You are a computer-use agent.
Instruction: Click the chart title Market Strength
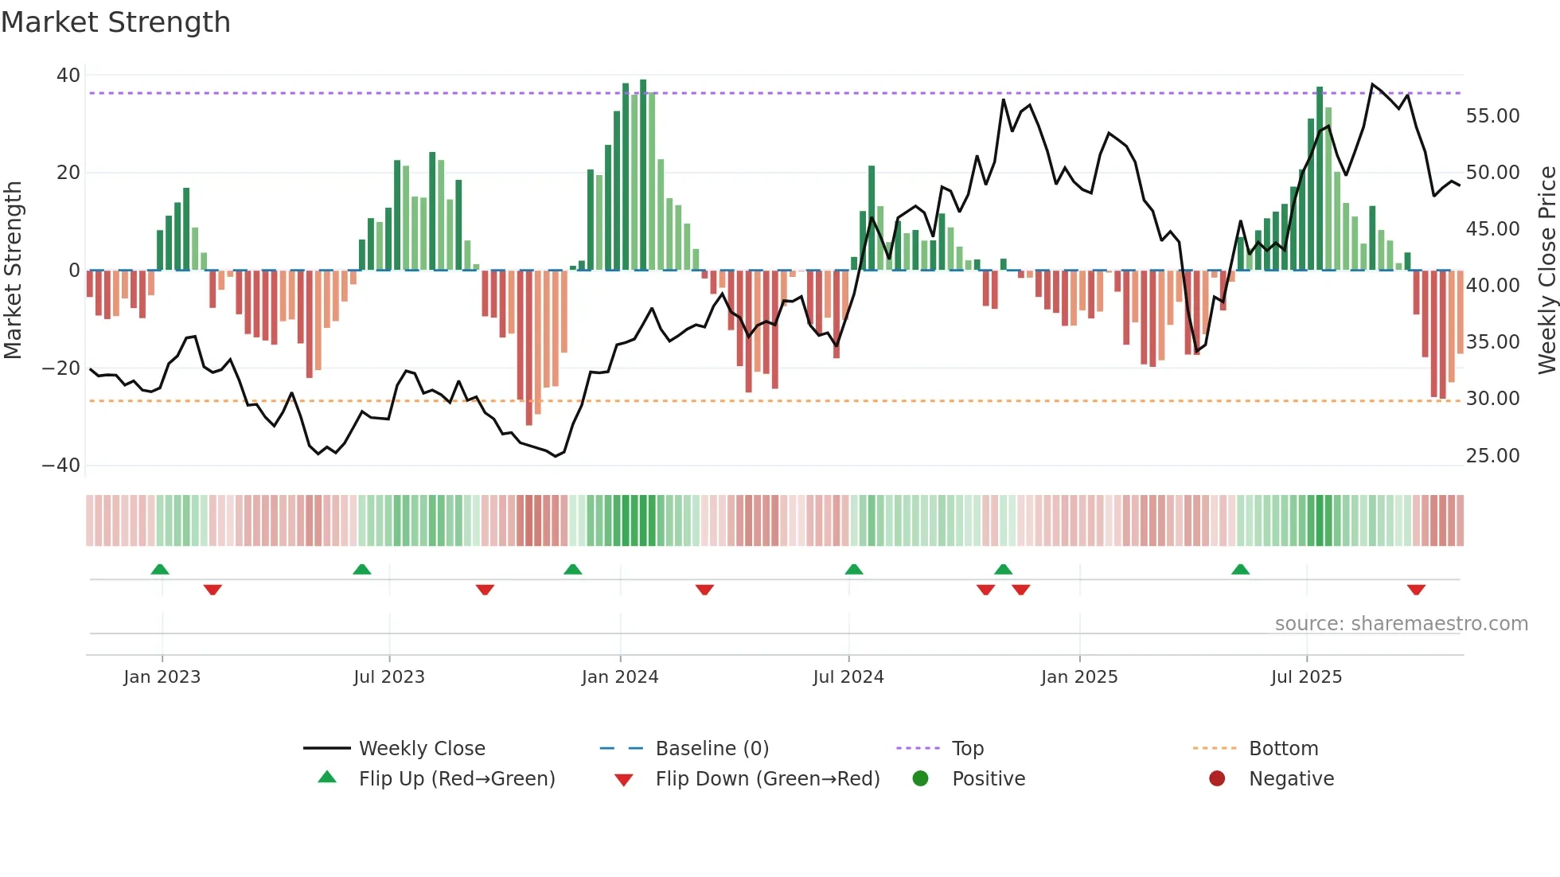(x=115, y=22)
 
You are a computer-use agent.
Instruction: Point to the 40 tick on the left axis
(x=68, y=76)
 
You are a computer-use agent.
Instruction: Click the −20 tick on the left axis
(x=61, y=368)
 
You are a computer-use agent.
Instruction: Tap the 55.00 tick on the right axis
(x=1492, y=116)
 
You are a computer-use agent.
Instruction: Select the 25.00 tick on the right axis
(x=1492, y=456)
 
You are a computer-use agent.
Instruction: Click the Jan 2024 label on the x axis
(x=620, y=677)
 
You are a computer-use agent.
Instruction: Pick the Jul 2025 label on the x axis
(x=1306, y=677)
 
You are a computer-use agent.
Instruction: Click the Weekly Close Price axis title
(x=1546, y=271)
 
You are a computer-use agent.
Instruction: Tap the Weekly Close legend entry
(x=421, y=749)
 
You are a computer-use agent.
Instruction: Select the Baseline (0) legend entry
(x=712, y=749)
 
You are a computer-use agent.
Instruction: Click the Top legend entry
(x=968, y=749)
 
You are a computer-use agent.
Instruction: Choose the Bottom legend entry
(x=1283, y=749)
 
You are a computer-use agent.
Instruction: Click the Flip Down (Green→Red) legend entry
(x=767, y=779)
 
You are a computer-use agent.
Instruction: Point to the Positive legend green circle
(x=921, y=779)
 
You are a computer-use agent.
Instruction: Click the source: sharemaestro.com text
(x=1401, y=624)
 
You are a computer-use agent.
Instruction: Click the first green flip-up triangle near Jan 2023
(x=160, y=570)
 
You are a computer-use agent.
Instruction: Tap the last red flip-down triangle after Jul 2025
(x=1416, y=590)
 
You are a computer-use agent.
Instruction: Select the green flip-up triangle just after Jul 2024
(x=854, y=570)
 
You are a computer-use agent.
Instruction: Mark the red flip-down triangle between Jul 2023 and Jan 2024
(x=485, y=590)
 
